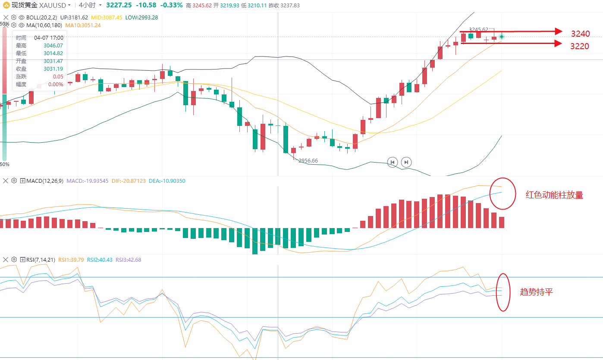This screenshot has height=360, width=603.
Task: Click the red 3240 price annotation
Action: tap(580, 34)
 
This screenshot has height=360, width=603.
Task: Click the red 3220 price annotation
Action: tap(580, 46)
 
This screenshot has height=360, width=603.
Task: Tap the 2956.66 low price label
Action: tap(308, 161)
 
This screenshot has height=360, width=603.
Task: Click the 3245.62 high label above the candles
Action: tap(478, 30)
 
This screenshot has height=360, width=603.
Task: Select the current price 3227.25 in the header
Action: tap(119, 5)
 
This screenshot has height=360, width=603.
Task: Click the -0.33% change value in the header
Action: tap(171, 5)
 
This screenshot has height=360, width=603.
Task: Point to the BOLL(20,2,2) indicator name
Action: tap(41, 18)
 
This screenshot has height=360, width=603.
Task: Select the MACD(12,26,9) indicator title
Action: tap(44, 181)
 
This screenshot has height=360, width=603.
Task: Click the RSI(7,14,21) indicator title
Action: tap(40, 260)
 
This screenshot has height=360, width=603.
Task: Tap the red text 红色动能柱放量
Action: tap(554, 195)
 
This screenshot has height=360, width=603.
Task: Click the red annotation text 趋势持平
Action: tap(536, 292)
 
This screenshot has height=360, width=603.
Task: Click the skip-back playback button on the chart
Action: tap(392, 162)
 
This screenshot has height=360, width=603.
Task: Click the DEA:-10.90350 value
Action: tap(167, 181)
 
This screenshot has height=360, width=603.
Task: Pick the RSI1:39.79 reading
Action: tap(71, 260)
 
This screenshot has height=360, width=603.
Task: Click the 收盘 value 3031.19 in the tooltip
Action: tap(53, 69)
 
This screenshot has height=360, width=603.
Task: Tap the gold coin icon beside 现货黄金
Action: tap(5, 5)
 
